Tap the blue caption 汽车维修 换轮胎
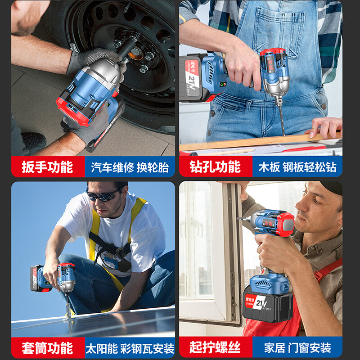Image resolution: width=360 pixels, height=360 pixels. click(130, 167)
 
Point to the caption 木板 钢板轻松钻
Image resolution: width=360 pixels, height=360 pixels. click(297, 167)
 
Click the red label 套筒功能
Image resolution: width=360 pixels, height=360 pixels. click(48, 348)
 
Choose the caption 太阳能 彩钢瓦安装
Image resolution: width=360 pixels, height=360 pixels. click(130, 348)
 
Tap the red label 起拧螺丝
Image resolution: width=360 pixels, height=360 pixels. click(215, 348)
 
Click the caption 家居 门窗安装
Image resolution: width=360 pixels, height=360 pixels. click(297, 348)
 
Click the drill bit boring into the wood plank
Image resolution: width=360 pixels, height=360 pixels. click(281, 119)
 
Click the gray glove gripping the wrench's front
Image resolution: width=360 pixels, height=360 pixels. click(94, 58)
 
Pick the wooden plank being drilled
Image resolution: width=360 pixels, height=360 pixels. click(252, 141)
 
